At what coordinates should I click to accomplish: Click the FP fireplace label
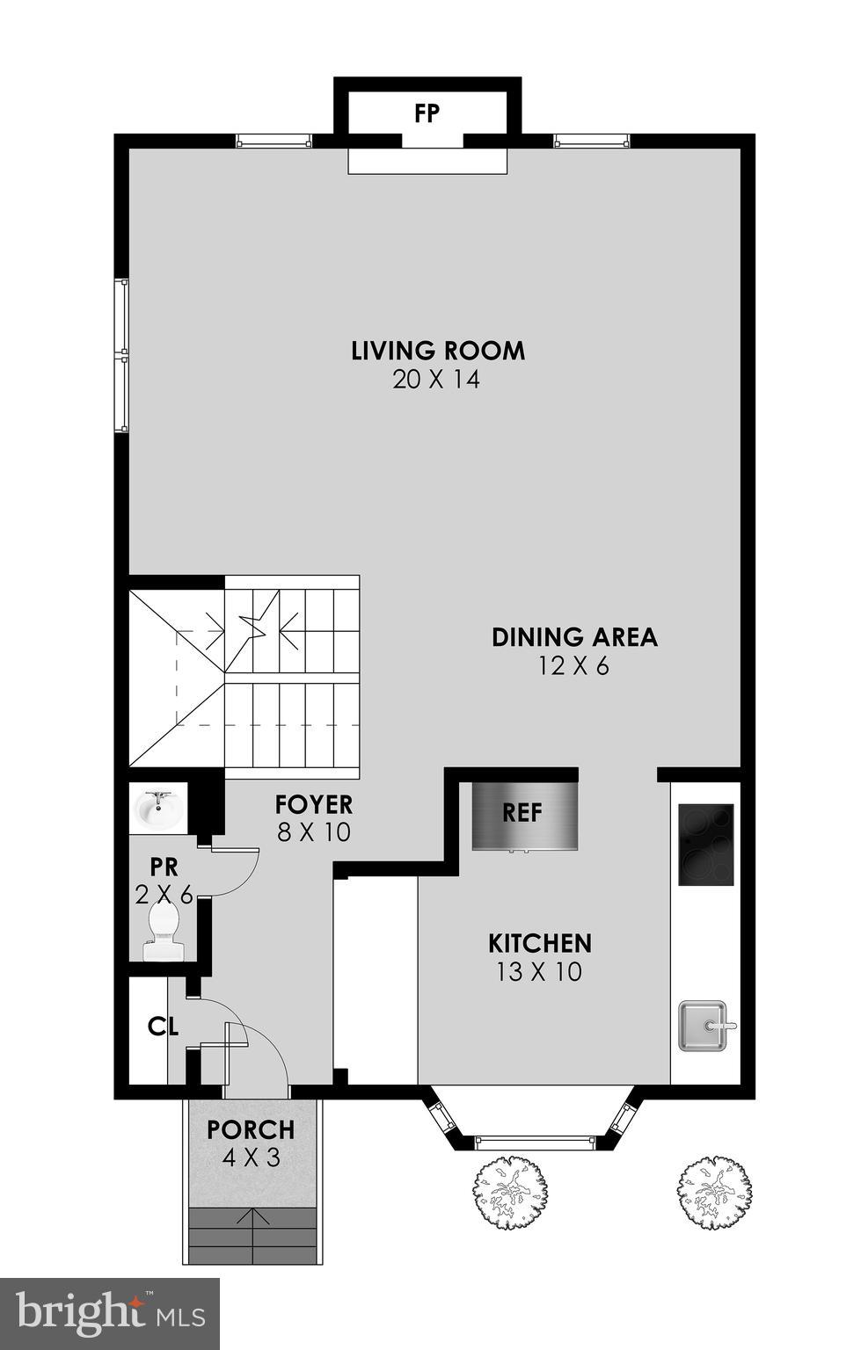(427, 113)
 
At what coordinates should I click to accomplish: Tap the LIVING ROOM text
(438, 351)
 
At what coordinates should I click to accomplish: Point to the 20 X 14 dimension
(437, 380)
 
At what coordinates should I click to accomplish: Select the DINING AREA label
(574, 637)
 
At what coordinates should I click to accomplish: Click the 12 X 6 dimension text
(573, 666)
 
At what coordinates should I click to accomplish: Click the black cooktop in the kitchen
(706, 846)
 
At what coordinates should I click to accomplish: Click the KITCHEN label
(540, 944)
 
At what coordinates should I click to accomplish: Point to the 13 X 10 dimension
(540, 972)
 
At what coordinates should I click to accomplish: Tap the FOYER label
(314, 804)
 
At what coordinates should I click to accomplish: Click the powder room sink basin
(159, 809)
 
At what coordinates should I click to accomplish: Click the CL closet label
(164, 1026)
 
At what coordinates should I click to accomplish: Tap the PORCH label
(251, 1129)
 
